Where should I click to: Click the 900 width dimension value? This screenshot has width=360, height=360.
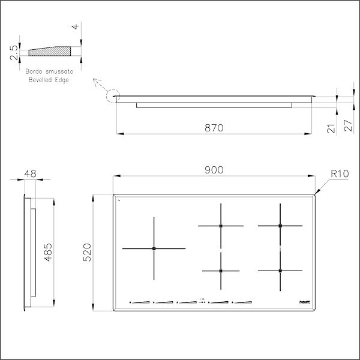coord(214,170)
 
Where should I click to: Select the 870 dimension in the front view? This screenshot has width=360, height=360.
coord(214,127)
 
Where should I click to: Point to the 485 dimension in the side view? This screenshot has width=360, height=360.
coord(49,251)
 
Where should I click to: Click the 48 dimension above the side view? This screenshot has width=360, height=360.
coord(29,173)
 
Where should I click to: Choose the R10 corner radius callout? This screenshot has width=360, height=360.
coord(339,174)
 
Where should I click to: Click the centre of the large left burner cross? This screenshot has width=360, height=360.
coord(154,248)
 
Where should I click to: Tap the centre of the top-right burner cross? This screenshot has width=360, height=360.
coord(280,226)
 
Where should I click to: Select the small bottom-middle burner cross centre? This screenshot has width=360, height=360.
coord(221,271)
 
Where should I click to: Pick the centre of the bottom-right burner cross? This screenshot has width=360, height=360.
coord(280,271)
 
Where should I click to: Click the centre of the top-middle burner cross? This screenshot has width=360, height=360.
coord(221,226)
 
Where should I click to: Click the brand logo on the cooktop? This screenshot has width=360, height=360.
coord(302,302)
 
